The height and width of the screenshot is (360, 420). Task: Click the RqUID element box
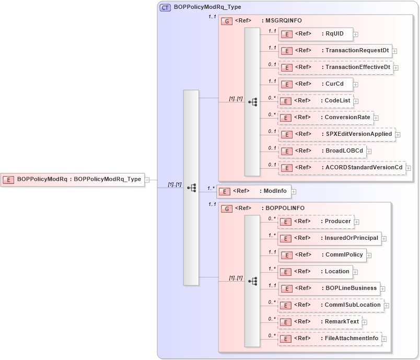[x=316, y=34]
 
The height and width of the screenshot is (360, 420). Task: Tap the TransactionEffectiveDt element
[x=335, y=67]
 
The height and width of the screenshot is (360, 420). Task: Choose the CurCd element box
[x=316, y=84]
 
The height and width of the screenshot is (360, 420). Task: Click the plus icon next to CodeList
[x=356, y=101]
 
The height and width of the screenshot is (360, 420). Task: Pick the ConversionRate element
[x=325, y=118]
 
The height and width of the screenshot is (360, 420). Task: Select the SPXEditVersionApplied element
[x=336, y=134]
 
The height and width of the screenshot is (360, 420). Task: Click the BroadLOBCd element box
[x=321, y=151]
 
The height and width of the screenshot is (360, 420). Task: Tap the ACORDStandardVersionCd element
[x=342, y=168]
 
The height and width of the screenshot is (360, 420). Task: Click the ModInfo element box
[x=254, y=191]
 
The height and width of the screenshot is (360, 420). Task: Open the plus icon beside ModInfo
[x=294, y=192]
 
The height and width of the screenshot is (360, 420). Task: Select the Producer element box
[x=315, y=222]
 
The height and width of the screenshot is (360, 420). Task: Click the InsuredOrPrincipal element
[x=329, y=238]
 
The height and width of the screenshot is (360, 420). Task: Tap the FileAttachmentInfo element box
[x=329, y=338]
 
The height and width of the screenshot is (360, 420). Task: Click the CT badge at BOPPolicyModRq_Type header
[x=165, y=7]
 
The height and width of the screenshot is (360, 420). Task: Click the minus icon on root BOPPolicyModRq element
[x=147, y=179]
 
